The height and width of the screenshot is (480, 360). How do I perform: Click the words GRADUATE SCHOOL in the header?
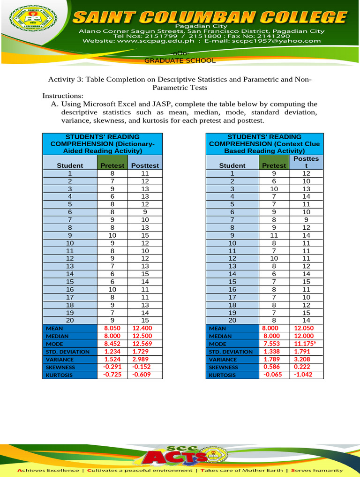point(180,60)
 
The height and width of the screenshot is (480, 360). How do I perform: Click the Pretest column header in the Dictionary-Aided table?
point(112,165)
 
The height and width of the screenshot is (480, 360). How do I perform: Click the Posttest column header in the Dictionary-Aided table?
point(145,165)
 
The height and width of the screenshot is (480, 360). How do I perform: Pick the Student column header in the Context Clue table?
point(232,165)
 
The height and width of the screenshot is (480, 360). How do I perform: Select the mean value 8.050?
point(112,328)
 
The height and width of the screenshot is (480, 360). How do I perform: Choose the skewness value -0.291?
point(112,367)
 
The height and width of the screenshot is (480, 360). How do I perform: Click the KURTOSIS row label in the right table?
point(221,375)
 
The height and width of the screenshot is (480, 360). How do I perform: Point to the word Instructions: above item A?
point(63,96)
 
